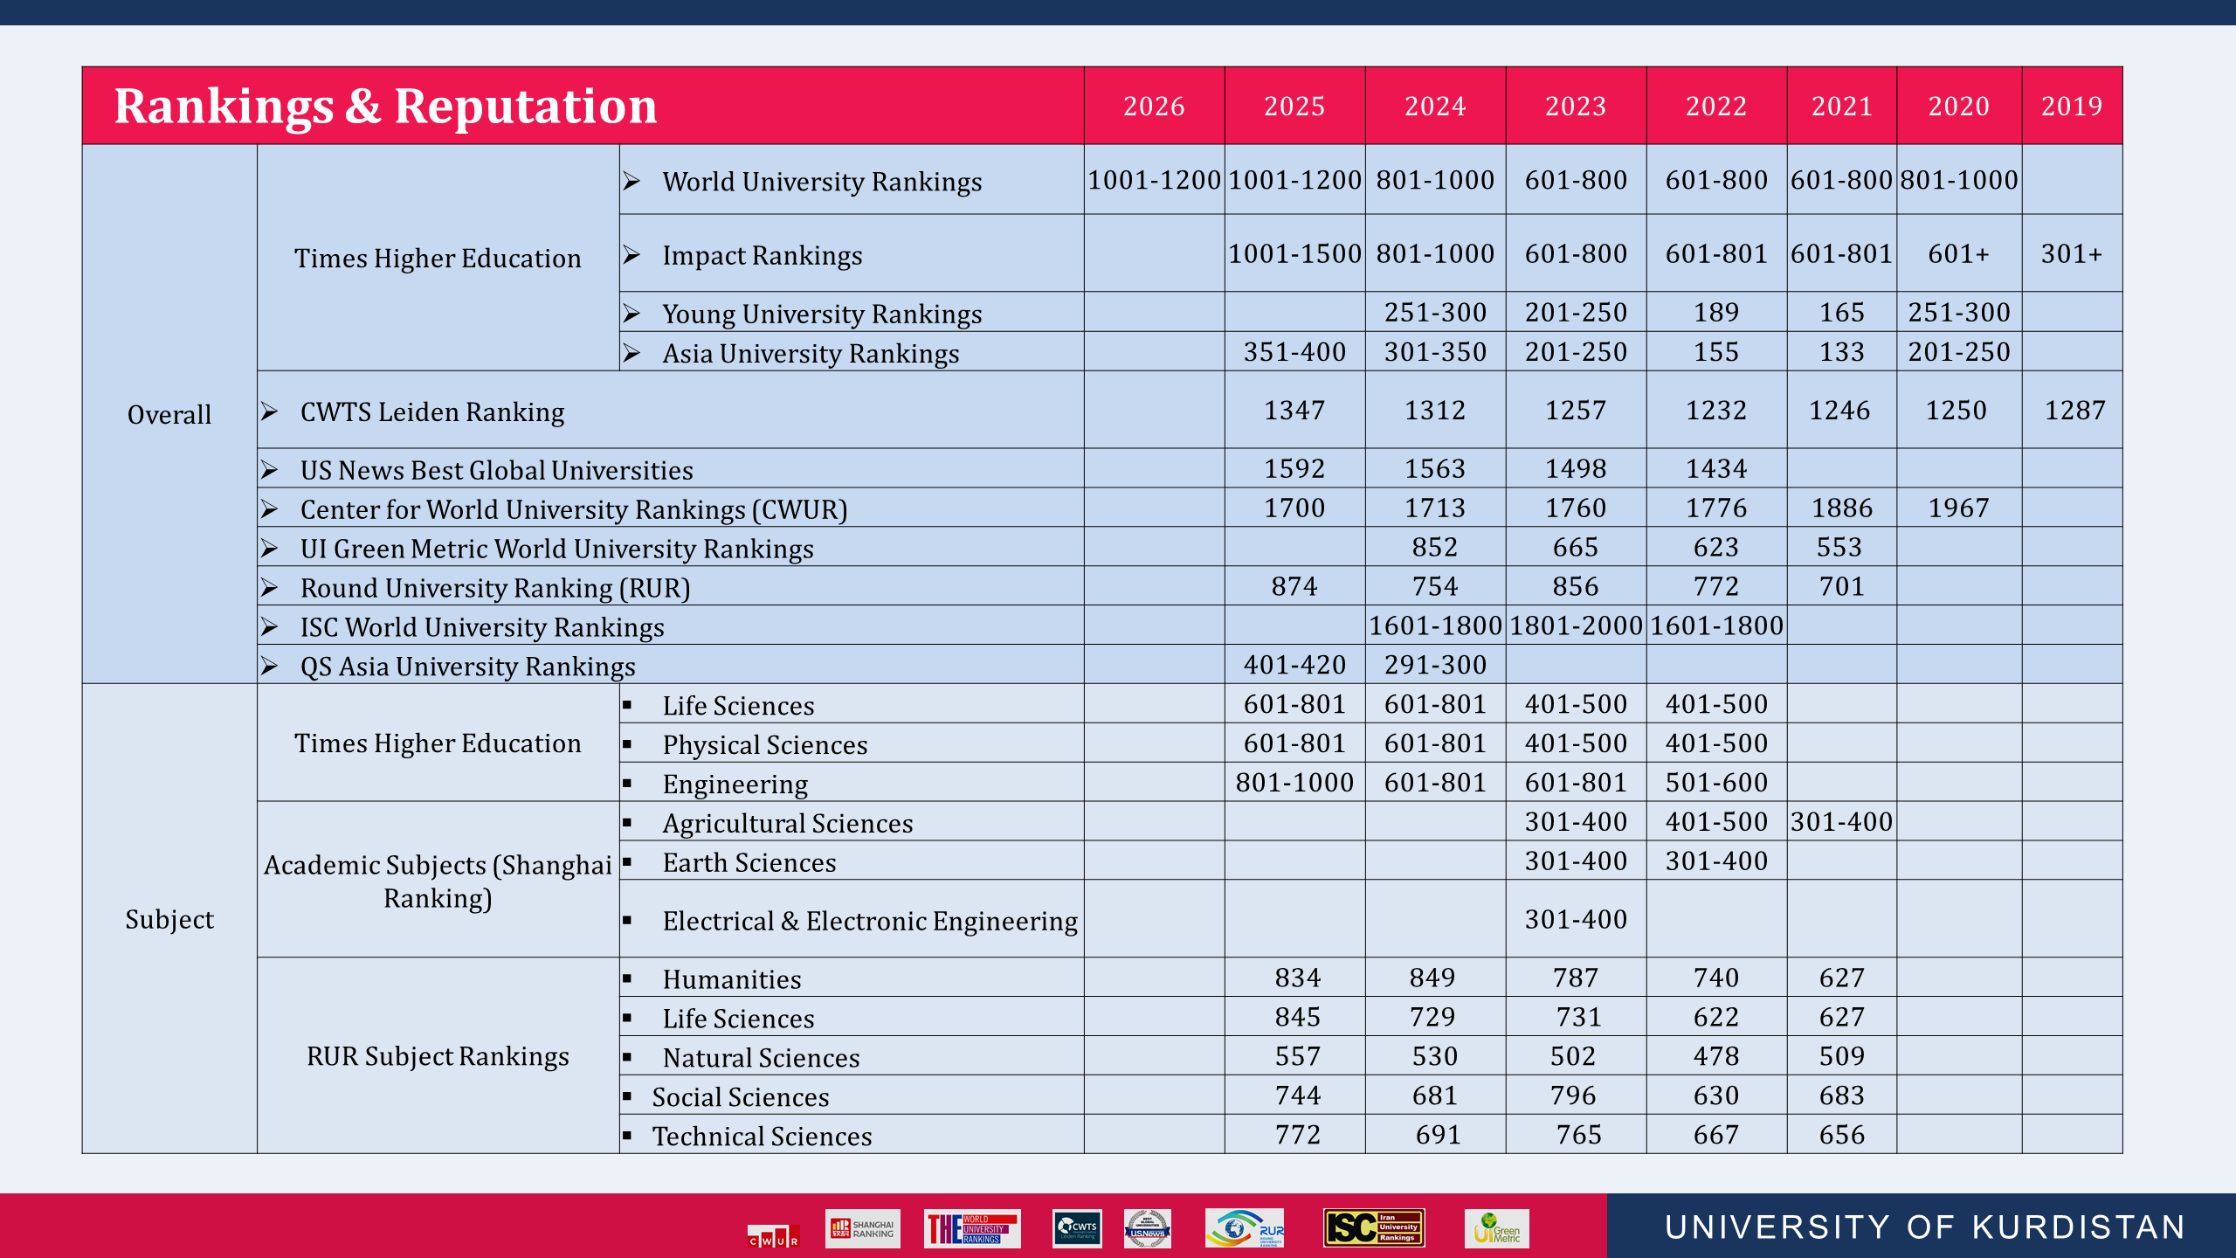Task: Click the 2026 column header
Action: coord(1154,106)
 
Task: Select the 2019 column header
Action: coord(2071,106)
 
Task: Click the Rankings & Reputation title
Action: coord(385,106)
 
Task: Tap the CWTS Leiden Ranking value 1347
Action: coord(1294,410)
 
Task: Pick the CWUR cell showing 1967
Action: coord(1958,508)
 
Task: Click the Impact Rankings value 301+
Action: coord(2071,253)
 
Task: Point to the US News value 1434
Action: coord(1716,468)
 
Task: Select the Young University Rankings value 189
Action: coord(1716,312)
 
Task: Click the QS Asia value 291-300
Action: coord(1435,665)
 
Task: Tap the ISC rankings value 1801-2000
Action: coord(1576,626)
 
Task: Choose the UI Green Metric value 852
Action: coord(1435,547)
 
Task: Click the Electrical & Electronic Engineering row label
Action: coord(869,921)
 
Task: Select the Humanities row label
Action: coord(731,979)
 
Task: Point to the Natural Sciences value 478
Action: coord(1716,1056)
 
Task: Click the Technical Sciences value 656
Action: coord(1841,1135)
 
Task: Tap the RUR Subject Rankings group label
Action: coord(438,1056)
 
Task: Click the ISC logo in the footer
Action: coord(1374,1227)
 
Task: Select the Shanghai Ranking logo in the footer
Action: coord(862,1228)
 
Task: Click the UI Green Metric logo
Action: coord(1496,1228)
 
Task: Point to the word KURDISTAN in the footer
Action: coord(2079,1227)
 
